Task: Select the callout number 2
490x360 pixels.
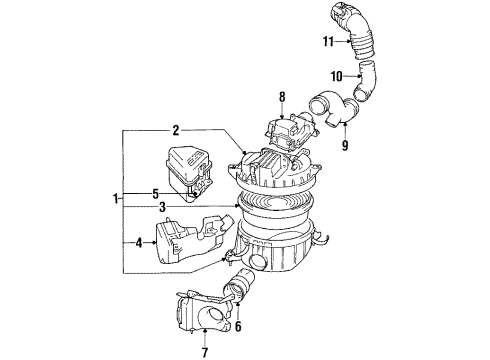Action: click(x=175, y=130)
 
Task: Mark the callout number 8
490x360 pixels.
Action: click(x=282, y=98)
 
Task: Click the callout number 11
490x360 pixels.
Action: click(x=326, y=41)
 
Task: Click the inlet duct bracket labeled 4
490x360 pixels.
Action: click(x=190, y=241)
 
